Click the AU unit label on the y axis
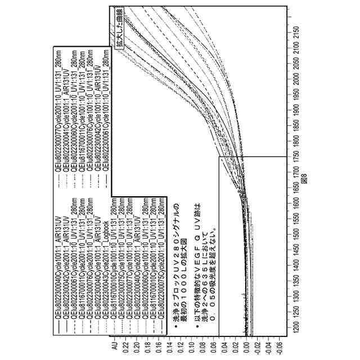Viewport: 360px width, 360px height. click(114, 350)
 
